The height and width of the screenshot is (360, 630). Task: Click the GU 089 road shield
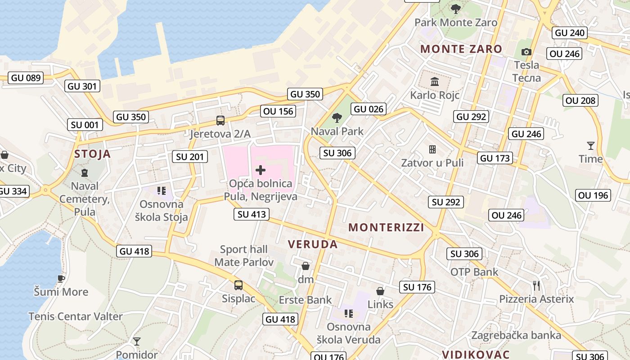(26, 78)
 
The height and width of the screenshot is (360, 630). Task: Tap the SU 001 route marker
(85, 125)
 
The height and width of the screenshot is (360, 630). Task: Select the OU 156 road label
(278, 111)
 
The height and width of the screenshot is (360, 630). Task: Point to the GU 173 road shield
(495, 158)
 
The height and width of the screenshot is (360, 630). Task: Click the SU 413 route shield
(252, 214)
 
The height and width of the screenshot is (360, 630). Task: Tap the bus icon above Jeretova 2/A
(220, 121)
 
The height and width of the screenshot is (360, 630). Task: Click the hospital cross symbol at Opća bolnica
(260, 170)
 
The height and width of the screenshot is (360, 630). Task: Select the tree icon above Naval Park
(337, 118)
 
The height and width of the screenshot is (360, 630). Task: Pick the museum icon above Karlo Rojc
(435, 82)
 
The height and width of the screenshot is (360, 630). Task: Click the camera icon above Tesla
(526, 52)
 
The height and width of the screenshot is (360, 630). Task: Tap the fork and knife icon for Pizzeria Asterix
(536, 285)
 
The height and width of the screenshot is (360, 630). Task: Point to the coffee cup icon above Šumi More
(61, 279)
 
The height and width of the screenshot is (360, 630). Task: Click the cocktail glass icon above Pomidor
(137, 342)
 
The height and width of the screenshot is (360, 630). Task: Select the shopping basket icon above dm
(306, 266)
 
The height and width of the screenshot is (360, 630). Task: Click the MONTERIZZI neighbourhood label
(386, 228)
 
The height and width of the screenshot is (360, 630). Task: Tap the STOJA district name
(92, 154)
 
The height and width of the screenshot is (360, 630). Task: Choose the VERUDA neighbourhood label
(312, 244)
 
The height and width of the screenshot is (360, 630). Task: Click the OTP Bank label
(474, 272)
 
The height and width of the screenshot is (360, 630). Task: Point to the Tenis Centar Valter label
(76, 316)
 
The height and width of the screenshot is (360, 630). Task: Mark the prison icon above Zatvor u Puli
(432, 149)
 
